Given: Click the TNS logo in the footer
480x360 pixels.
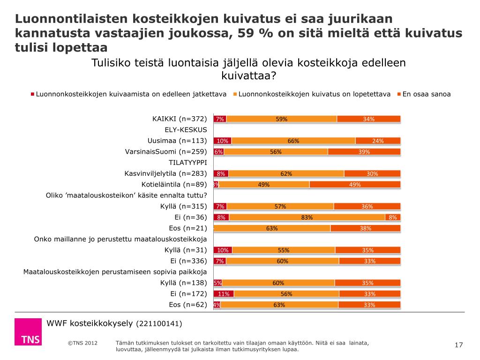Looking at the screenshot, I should tap(28, 332).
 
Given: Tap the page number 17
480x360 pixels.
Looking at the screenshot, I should tap(459, 345).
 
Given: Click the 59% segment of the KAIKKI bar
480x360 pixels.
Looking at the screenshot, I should tap(281, 119).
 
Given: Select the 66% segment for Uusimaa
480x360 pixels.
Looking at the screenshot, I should tap(293, 141).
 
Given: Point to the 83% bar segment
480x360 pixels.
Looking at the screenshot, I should tap(307, 217).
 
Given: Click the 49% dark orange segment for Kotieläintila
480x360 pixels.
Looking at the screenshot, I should tap(355, 184).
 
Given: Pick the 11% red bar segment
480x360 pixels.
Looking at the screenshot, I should tap(224, 294).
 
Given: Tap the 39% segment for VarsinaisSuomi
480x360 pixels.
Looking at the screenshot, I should tap(364, 151).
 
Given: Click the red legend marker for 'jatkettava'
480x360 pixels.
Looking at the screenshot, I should tap(33, 94).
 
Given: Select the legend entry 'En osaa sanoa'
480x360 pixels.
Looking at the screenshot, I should tap(426, 94).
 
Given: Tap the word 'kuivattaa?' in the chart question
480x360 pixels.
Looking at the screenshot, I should tap(248, 75).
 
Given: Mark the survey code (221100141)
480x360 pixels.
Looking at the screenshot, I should tap(159, 324).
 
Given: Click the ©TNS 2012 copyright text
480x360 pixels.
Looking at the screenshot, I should tap(82, 343).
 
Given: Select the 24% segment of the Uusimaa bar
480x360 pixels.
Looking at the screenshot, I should tap(378, 141).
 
